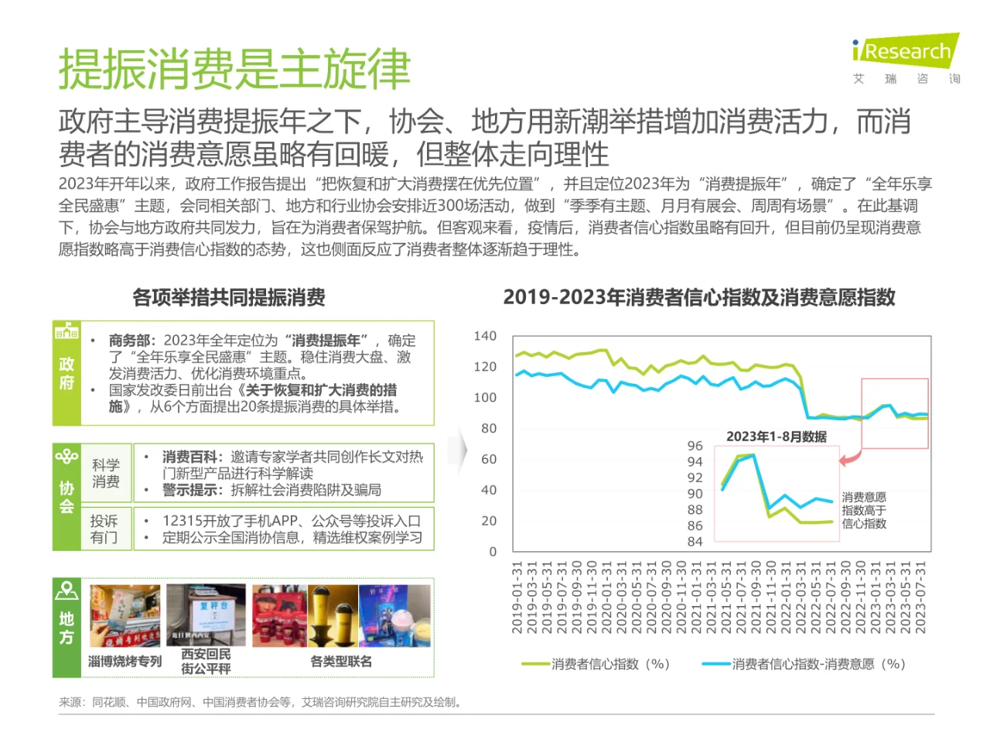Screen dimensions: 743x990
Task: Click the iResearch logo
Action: [905, 51]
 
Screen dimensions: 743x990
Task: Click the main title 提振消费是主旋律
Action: [234, 70]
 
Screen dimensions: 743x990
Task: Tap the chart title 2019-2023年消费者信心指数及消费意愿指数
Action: [699, 297]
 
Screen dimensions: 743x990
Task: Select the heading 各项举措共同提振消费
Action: [229, 297]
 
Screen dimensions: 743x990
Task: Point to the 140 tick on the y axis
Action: [485, 336]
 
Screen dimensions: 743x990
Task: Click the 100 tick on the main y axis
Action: [485, 398]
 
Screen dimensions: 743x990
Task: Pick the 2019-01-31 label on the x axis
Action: [517, 597]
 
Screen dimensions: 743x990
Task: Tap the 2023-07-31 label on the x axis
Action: [920, 597]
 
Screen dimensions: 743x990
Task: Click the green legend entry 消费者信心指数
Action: [596, 664]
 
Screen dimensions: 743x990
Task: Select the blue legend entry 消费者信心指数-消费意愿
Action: [804, 664]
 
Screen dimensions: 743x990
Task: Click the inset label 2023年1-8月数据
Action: [776, 437]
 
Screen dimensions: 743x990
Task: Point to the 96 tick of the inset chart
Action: [695, 446]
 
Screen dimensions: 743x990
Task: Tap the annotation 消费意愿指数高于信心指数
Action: [864, 510]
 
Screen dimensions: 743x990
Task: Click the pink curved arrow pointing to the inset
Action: [850, 457]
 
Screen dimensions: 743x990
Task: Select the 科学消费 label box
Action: [106, 473]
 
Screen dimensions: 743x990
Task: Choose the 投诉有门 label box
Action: [104, 529]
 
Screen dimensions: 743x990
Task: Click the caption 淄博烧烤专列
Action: [125, 661]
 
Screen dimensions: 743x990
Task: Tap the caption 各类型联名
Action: [341, 661]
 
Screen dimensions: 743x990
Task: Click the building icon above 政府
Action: [67, 331]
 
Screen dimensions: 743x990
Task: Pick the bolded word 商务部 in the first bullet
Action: [131, 341]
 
